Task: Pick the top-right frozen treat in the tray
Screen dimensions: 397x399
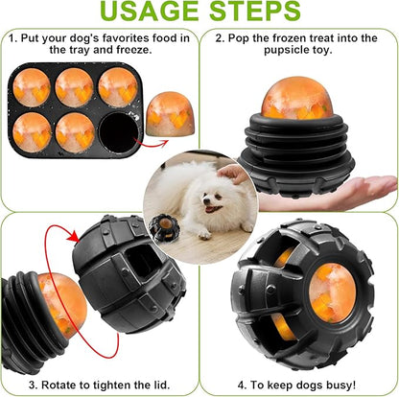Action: point(116,85)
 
